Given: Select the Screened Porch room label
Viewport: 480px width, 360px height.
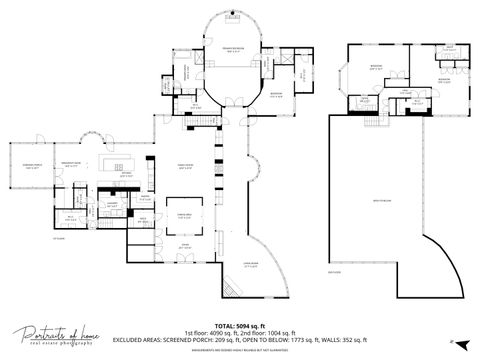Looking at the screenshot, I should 25,167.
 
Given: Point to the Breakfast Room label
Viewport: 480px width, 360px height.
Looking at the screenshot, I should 71,165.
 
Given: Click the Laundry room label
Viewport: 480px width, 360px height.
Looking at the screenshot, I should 113,205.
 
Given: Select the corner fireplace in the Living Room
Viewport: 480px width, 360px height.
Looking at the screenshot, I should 228,288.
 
